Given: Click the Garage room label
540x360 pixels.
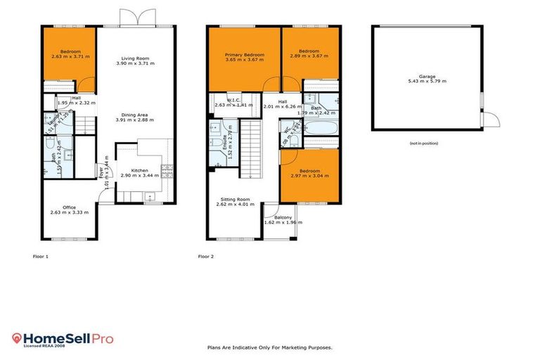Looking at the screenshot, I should coord(427,76).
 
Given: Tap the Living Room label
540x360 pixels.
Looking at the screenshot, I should coord(134,60).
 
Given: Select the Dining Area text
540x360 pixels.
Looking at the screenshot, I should coord(134,116).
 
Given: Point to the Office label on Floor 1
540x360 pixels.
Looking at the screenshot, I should coord(69,207).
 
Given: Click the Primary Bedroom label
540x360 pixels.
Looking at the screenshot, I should coord(244,55).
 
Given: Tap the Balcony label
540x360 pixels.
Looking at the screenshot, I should coord(283,218).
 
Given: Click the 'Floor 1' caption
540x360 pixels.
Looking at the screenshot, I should coord(41,257).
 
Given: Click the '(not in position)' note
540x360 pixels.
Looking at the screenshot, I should coord(424,143).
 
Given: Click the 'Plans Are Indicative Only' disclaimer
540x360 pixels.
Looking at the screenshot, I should coord(270,347).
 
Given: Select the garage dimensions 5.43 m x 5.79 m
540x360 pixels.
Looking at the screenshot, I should coord(427,81).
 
